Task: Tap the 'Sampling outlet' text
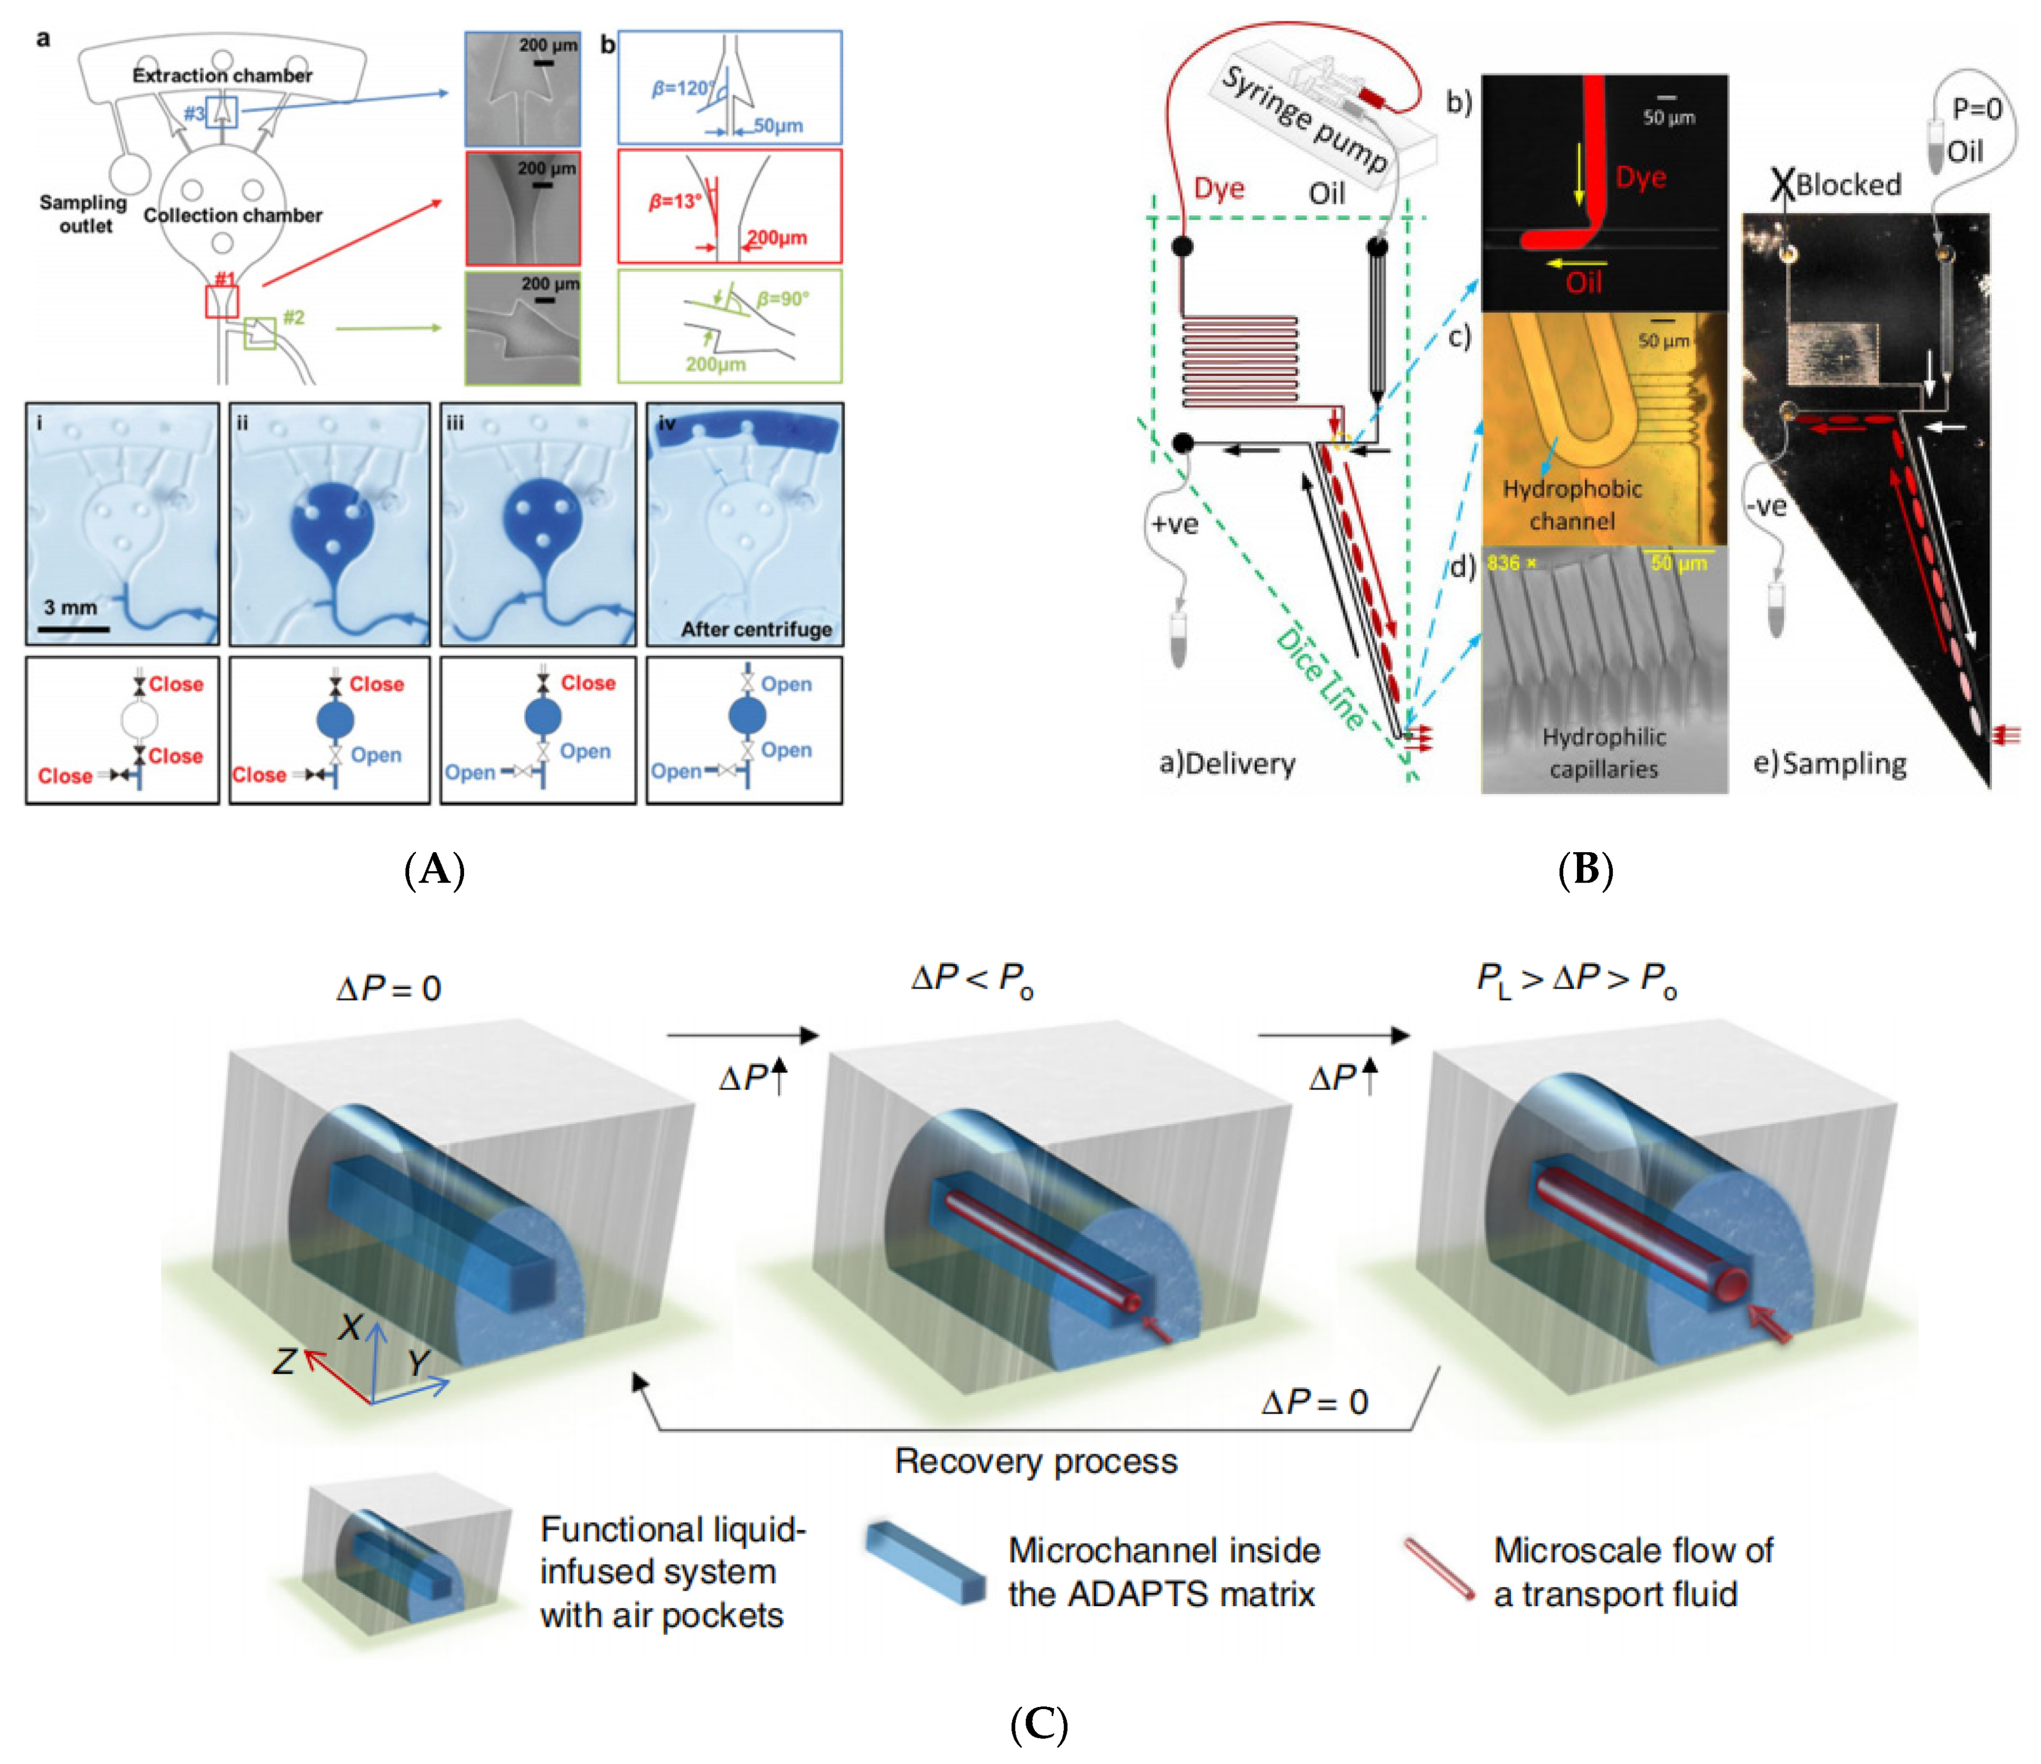click(x=84, y=214)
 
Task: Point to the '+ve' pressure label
click(x=1175, y=524)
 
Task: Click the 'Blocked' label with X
click(x=1838, y=184)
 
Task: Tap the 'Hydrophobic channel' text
click(x=1572, y=504)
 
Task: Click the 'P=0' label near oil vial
click(x=1977, y=108)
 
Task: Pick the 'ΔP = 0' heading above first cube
click(x=389, y=988)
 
